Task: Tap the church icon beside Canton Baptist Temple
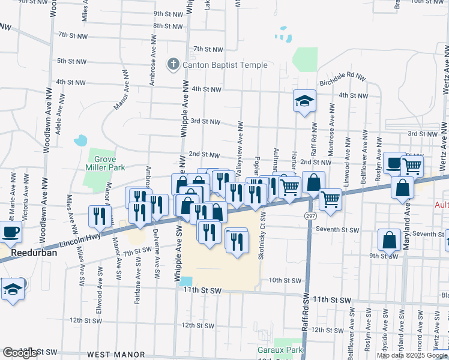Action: tap(173, 64)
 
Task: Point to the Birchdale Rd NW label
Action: tap(342, 77)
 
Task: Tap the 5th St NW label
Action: tap(72, 61)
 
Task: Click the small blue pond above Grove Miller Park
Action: tap(80, 142)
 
